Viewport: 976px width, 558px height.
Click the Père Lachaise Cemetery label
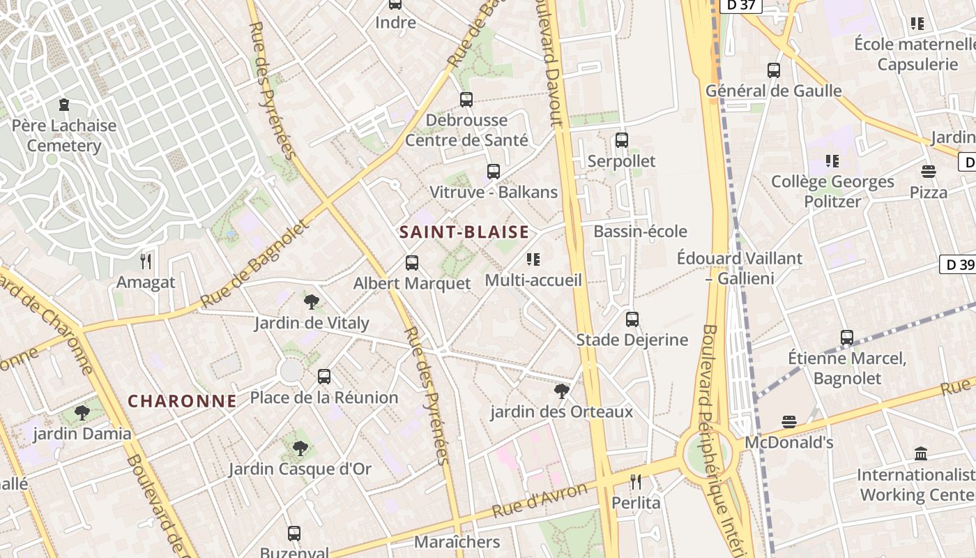64,136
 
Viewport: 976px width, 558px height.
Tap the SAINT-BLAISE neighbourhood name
464,232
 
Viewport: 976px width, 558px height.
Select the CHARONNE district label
183,401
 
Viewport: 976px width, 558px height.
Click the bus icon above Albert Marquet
412,263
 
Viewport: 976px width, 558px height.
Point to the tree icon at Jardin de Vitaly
312,302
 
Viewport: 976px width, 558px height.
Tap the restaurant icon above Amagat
146,262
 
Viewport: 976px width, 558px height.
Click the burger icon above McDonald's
788,422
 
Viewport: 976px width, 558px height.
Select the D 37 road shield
741,6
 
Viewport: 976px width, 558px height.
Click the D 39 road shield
957,264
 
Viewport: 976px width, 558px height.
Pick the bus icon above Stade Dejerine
632,319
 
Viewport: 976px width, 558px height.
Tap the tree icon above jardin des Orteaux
561,391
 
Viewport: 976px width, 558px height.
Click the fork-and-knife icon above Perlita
635,481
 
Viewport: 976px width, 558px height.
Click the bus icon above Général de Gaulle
773,70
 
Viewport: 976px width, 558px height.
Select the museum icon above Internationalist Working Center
920,454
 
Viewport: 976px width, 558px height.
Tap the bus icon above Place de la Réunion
324,377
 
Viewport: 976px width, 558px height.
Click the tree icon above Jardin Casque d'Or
300,448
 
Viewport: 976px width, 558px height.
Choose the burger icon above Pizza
928,172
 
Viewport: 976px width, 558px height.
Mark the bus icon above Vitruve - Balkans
494,172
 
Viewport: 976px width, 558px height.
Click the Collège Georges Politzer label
832,192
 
